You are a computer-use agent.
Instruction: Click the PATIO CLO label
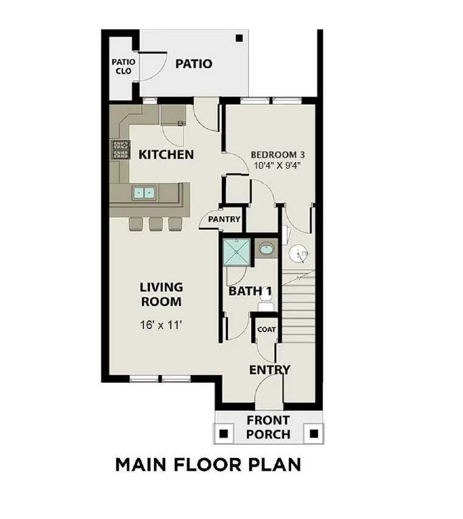click(x=123, y=66)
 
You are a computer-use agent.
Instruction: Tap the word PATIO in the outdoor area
click(x=194, y=63)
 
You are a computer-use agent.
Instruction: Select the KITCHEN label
click(x=166, y=155)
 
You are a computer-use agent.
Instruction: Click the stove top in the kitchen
click(x=121, y=149)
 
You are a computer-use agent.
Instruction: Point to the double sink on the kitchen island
click(x=144, y=193)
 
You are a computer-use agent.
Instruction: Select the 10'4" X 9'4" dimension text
click(x=277, y=165)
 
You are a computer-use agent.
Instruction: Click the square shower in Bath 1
click(x=236, y=252)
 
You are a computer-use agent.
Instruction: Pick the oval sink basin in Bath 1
click(x=266, y=249)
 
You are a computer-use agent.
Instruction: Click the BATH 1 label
click(x=250, y=292)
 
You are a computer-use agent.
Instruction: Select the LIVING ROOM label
click(x=161, y=294)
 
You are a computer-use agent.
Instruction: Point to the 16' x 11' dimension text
click(x=161, y=325)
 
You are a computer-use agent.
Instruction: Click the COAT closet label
click(x=266, y=330)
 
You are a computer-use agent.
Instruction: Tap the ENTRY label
click(x=269, y=370)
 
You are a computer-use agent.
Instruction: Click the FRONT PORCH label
click(x=268, y=428)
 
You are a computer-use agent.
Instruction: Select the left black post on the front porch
click(x=224, y=434)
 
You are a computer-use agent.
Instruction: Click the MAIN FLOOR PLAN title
click(x=208, y=465)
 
